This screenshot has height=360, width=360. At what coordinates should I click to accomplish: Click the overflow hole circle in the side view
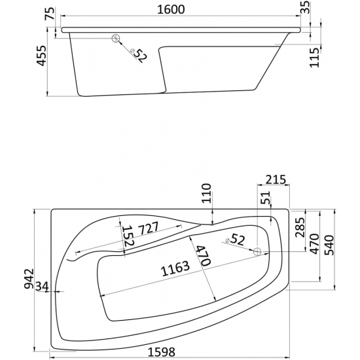[x=118, y=39]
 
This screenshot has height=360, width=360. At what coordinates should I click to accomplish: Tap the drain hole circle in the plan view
[x=258, y=251]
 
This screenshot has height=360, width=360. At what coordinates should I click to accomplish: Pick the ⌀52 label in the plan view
[x=234, y=240]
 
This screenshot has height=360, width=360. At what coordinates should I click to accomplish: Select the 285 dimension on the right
[x=300, y=228]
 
